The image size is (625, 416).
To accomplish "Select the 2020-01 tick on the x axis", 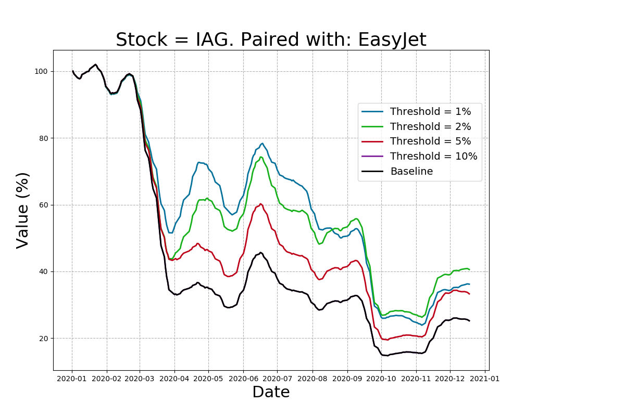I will coord(72,379).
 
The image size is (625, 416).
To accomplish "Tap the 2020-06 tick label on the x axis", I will coord(243,379).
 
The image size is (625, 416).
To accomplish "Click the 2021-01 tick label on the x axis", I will coord(485,379).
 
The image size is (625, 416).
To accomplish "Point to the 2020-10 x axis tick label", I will coord(381,379).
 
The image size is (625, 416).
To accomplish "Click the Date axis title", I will coord(271,392).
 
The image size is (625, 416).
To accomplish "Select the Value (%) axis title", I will coord(22,210).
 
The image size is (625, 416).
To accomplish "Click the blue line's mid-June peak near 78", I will coord(262,144).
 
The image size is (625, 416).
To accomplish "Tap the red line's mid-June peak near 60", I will coord(260,204).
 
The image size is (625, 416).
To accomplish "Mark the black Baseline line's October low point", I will coord(387,356).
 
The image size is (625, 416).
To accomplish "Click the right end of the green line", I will coord(469,269).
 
